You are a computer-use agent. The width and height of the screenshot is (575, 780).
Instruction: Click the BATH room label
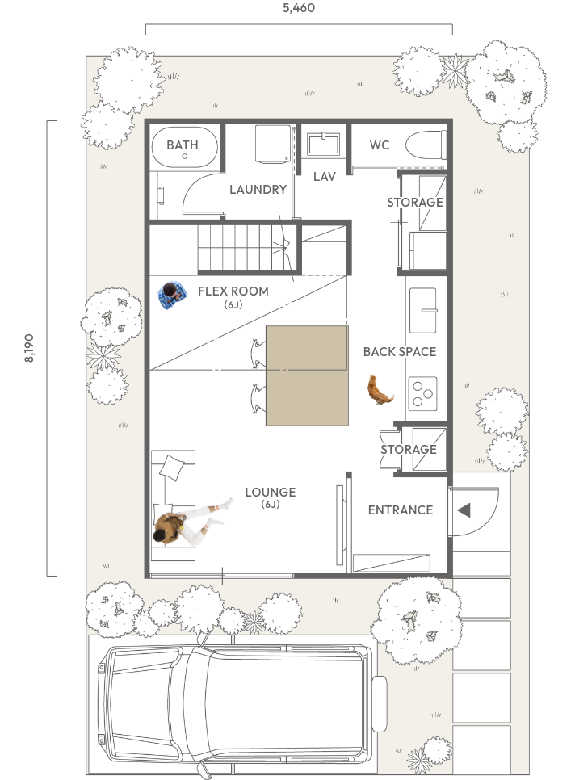pyautogui.click(x=182, y=145)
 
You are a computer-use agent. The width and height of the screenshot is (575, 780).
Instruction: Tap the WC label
pyautogui.click(x=379, y=145)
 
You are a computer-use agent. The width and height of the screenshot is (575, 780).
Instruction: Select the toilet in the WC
pyautogui.click(x=426, y=145)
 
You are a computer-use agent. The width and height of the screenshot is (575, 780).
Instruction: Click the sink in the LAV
pyautogui.click(x=323, y=144)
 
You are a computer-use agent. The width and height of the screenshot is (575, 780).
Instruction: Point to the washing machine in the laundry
pyautogui.click(x=273, y=144)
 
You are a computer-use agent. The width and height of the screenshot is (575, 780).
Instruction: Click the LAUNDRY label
pyautogui.click(x=258, y=189)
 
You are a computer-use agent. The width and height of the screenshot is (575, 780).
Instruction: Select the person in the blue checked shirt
pyautogui.click(x=172, y=296)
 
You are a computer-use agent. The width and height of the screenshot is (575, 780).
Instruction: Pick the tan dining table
pyautogui.click(x=307, y=375)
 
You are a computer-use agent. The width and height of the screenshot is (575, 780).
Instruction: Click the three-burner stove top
pyautogui.click(x=423, y=393)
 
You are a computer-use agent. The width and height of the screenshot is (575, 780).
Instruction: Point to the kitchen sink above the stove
pyautogui.click(x=423, y=310)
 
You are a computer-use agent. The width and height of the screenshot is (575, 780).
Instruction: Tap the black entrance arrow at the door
pyautogui.click(x=464, y=510)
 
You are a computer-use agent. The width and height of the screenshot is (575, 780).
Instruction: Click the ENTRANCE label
pyautogui.click(x=401, y=510)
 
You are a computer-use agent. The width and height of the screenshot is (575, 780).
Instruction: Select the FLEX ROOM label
pyautogui.click(x=233, y=291)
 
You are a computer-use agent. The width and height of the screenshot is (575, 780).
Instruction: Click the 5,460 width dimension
pyautogui.click(x=299, y=7)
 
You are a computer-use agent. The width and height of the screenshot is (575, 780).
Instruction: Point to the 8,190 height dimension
pyautogui.click(x=29, y=348)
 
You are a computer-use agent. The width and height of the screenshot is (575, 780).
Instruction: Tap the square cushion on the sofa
pyautogui.click(x=171, y=467)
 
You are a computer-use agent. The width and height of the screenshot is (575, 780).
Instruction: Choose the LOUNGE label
pyautogui.click(x=270, y=492)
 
